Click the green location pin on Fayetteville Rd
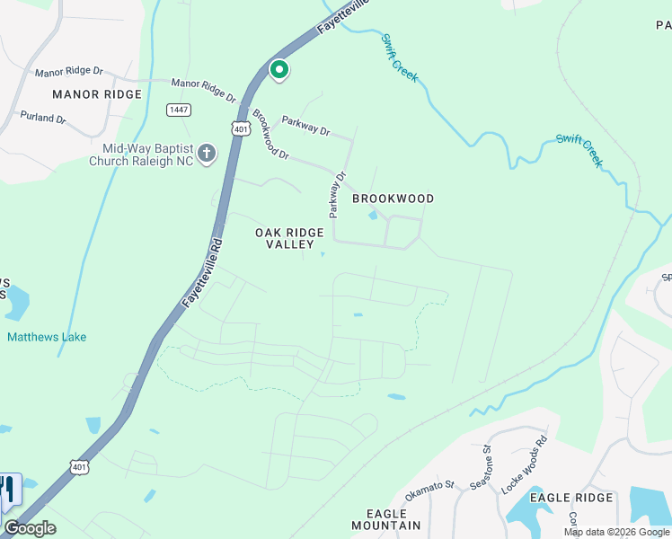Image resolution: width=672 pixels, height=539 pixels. pos(279,69)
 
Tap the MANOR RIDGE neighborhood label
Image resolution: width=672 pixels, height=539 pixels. pos(97,94)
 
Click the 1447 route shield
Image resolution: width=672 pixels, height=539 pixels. pos(178,110)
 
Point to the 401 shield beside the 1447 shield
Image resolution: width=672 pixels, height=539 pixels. pos(240,128)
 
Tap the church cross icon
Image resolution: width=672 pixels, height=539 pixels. pos(207,155)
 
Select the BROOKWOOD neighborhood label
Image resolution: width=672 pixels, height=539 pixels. pos(393,199)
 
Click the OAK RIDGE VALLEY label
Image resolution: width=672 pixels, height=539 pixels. pos(289,238)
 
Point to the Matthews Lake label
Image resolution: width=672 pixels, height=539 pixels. pos(47,337)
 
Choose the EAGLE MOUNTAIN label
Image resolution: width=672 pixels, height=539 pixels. pos(385,518)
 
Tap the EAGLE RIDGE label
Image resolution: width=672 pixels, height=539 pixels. pos(570,497)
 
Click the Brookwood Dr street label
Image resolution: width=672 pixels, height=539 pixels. pos(270,135)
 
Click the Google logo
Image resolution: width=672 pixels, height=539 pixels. pos(30,528)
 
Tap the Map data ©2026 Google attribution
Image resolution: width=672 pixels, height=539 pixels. pos(615,532)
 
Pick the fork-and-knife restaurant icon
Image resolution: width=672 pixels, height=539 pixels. pos(8,490)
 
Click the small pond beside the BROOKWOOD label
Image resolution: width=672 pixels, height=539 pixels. pos(373,215)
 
